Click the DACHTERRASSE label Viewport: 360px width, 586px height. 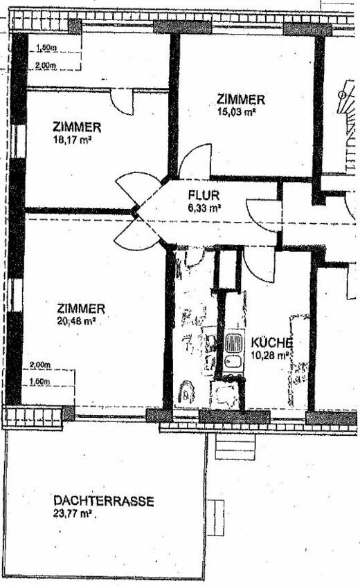pyautogui.click(x=103, y=501)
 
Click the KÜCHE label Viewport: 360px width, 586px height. pyautogui.click(x=272, y=342)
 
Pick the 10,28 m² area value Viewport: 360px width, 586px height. pyautogui.click(x=272, y=355)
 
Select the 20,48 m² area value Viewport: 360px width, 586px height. pyautogui.click(x=76, y=320)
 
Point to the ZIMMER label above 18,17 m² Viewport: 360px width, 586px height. pyautogui.click(x=77, y=127)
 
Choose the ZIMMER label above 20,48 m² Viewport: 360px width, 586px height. pyautogui.click(x=81, y=309)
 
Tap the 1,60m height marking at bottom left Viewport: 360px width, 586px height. pyautogui.click(x=40, y=381)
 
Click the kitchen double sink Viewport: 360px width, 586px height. pyautogui.click(x=233, y=351)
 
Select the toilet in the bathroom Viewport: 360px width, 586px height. pyautogui.click(x=186, y=393)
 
